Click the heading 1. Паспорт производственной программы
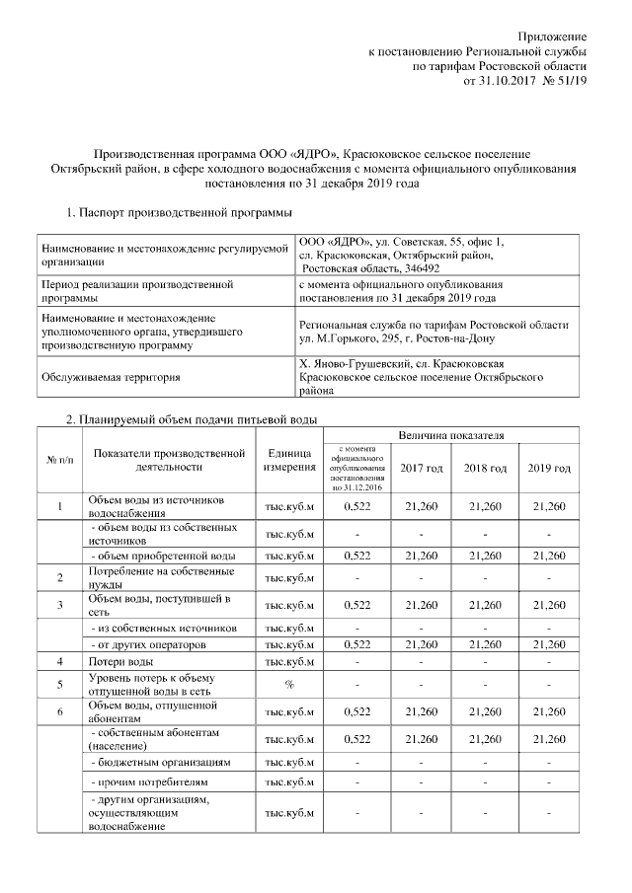[x=178, y=211]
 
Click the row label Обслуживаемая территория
[x=108, y=377]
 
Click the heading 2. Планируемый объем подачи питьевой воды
[x=191, y=420]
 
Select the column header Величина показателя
[x=451, y=435]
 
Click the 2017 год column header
[x=422, y=467]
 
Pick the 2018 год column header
[x=485, y=467]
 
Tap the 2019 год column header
[x=549, y=467]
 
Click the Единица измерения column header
[x=289, y=460]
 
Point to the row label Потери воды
[x=119, y=661]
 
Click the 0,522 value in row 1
[x=355, y=506]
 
